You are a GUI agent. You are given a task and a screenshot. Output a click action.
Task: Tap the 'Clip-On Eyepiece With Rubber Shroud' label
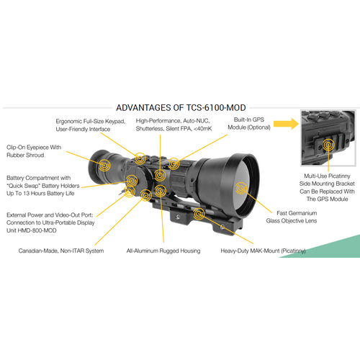[x=35, y=151]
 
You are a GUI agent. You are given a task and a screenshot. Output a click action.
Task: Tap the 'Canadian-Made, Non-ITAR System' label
[x=61, y=251]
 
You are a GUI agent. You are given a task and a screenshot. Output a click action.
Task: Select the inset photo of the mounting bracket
[x=330, y=140]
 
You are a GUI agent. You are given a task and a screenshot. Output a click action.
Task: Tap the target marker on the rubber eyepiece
[x=104, y=166]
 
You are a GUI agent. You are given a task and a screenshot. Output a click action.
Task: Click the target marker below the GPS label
[x=174, y=163]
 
